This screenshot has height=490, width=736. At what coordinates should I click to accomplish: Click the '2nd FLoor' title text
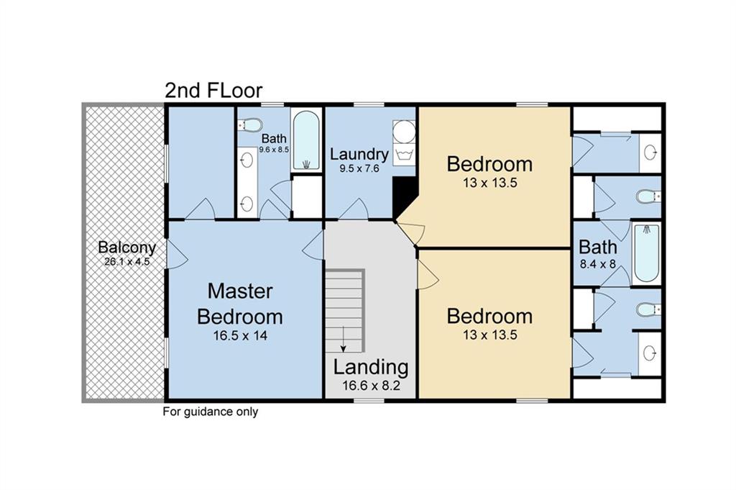tap(213, 91)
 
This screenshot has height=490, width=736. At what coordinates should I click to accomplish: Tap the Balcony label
tap(126, 247)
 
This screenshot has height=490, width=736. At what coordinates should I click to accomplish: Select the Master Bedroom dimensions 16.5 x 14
tap(239, 335)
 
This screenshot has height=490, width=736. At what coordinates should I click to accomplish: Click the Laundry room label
tap(359, 154)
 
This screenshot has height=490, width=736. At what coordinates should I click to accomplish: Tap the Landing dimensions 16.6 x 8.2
tap(370, 386)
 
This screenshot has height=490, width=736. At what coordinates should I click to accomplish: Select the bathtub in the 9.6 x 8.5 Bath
tap(306, 140)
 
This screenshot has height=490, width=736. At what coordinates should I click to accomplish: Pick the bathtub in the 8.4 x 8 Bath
tap(646, 253)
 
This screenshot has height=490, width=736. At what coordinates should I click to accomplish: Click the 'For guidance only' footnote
tap(210, 412)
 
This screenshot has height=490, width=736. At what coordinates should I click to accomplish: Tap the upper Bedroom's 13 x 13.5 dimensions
tap(489, 183)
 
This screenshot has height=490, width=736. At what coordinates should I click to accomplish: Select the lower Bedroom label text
tap(489, 317)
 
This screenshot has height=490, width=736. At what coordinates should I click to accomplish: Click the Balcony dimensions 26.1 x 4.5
tap(126, 262)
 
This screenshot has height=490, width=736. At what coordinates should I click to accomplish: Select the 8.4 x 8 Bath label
tap(598, 247)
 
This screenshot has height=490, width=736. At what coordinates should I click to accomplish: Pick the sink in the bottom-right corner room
tap(650, 353)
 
